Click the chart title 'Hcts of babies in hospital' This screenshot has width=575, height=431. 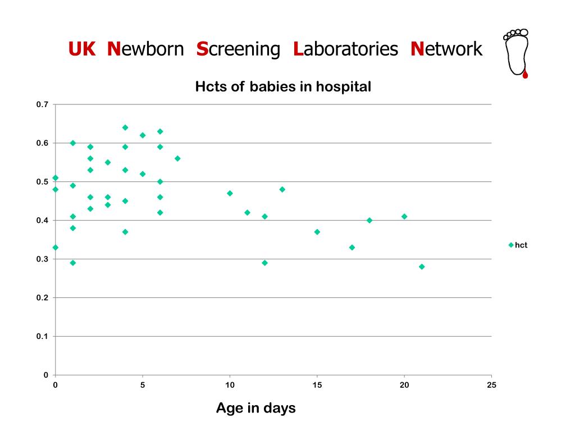(283, 87)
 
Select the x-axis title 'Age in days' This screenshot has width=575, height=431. (255, 408)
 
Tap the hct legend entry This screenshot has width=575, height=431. (518, 245)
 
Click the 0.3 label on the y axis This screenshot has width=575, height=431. (43, 259)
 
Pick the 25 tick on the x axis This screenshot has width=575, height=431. (491, 384)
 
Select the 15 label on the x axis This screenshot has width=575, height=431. (317, 384)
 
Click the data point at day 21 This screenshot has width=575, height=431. (422, 267)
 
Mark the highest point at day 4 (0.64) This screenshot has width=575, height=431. (125, 127)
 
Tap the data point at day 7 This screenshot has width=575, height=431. (177, 158)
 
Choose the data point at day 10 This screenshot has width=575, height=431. (230, 193)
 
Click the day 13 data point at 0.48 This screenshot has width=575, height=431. (282, 189)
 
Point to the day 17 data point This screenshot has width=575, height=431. (352, 247)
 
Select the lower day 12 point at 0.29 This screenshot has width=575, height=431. (264, 263)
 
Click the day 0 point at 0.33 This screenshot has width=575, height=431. (55, 247)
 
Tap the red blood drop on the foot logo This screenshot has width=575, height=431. (525, 74)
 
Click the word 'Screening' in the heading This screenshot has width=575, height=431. (238, 49)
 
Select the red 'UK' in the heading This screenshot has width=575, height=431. (82, 49)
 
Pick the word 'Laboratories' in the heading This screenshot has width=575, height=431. (345, 49)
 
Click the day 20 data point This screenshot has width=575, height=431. (404, 217)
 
